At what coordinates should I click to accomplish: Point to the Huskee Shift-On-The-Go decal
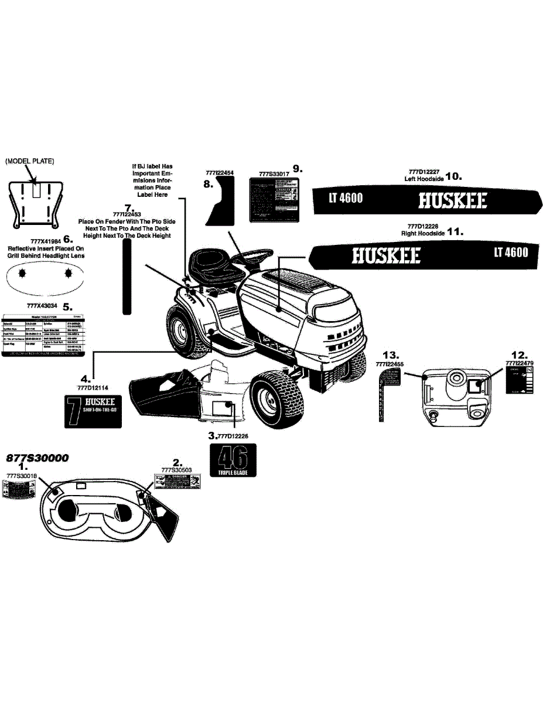click(x=92, y=411)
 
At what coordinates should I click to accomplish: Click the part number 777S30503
click(x=176, y=469)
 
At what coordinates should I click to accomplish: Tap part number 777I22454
click(x=220, y=173)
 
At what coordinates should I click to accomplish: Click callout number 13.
click(x=390, y=355)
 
